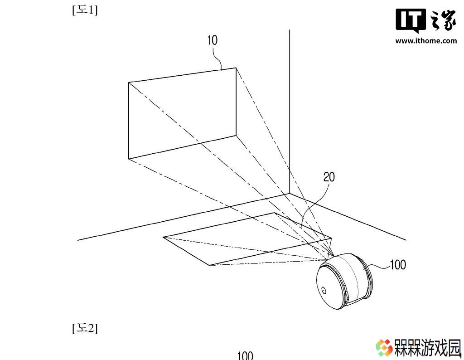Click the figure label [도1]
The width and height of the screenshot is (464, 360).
point(85,10)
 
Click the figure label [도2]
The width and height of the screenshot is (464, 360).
point(85,328)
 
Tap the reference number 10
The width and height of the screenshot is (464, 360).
point(213,40)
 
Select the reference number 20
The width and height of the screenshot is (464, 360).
point(329,177)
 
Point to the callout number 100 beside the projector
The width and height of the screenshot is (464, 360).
point(398,265)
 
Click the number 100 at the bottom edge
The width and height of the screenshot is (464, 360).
point(245,355)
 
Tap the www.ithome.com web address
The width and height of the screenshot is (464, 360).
point(426,40)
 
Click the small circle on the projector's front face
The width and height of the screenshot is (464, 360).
point(324,290)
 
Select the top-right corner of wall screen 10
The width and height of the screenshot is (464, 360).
point(236,68)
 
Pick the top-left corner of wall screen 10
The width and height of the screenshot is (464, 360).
point(129,82)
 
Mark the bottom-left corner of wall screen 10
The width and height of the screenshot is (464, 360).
point(129,159)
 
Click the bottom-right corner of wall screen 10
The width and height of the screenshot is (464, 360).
point(236,136)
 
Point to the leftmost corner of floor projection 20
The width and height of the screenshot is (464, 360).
point(163,237)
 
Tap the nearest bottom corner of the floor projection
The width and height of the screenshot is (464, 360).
point(209,265)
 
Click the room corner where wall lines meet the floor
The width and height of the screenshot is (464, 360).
point(290,194)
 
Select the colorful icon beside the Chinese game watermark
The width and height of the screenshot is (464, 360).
point(384,348)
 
